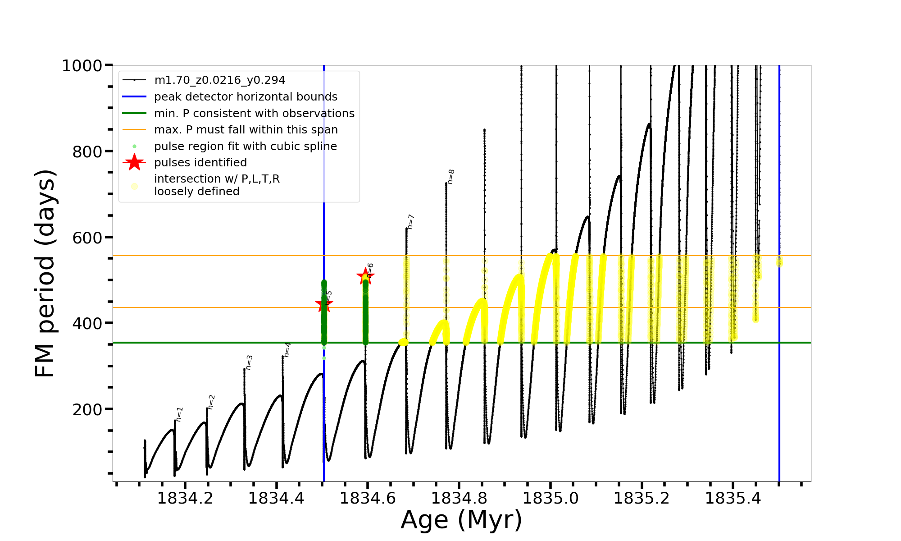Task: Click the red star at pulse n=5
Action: (x=323, y=305)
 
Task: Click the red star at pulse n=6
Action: (x=365, y=276)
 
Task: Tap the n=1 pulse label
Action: (x=179, y=414)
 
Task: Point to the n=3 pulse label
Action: (x=249, y=362)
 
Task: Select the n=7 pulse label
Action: (x=410, y=222)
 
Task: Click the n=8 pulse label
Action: (x=450, y=177)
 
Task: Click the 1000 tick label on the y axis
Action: (x=82, y=66)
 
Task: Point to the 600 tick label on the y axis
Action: (x=87, y=238)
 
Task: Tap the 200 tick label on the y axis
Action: (x=87, y=409)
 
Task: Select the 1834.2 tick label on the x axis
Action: (x=185, y=499)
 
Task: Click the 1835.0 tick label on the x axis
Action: (x=550, y=499)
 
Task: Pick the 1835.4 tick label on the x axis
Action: (x=733, y=499)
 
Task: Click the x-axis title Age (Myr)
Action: (x=461, y=520)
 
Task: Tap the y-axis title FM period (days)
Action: (x=45, y=273)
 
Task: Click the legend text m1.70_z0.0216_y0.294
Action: (x=219, y=80)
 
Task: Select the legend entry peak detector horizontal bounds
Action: (x=246, y=97)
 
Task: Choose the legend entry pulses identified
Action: (x=200, y=163)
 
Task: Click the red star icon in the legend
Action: (x=134, y=162)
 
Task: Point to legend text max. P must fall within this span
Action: (x=246, y=130)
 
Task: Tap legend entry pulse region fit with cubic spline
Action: (x=246, y=147)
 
